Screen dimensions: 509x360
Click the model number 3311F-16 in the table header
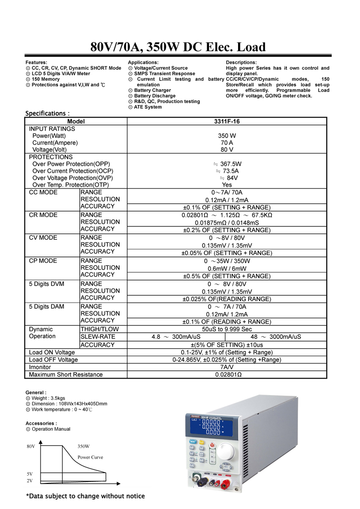coord(227,121)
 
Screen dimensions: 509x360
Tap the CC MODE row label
coord(43,192)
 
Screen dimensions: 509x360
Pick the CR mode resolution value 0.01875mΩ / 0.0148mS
coord(227,222)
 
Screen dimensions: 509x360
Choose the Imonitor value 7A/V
coord(227,367)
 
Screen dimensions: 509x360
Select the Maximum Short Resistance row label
coord(66,374)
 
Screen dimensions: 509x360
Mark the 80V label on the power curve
coord(30,446)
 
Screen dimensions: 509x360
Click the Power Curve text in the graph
coord(90,457)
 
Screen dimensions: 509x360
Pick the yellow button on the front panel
coord(202,442)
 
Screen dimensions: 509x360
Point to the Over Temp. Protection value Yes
coord(227,185)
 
